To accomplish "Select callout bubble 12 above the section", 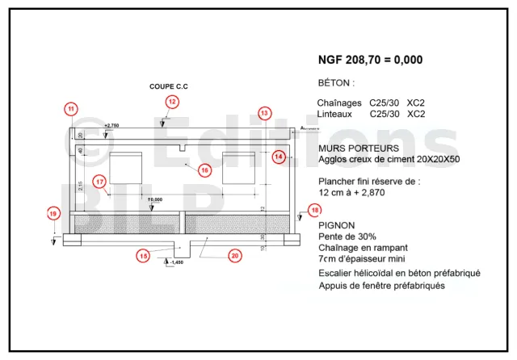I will pyautogui.click(x=172, y=101).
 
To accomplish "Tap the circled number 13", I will pyautogui.click(x=264, y=113).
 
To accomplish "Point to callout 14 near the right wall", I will pyautogui.click(x=279, y=156).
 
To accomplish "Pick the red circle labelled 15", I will pyautogui.click(x=143, y=256).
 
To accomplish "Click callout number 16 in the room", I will pyautogui.click(x=204, y=170).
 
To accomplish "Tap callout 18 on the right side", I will pyautogui.click(x=314, y=211).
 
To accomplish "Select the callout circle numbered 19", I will pyautogui.click(x=53, y=213).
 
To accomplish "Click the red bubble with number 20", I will pyautogui.click(x=235, y=256).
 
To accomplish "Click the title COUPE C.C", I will pyautogui.click(x=168, y=86).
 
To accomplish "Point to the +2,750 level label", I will pyautogui.click(x=111, y=126).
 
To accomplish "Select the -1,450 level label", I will pyautogui.click(x=175, y=262).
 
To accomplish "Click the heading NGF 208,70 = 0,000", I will pyautogui.click(x=370, y=60).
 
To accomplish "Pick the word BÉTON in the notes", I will pyautogui.click(x=336, y=83).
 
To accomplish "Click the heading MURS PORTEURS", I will pyautogui.click(x=359, y=149).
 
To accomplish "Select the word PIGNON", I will pyautogui.click(x=337, y=224).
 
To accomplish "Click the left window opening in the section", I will pyautogui.click(x=125, y=167).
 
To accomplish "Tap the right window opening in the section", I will pyautogui.click(x=238, y=166).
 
